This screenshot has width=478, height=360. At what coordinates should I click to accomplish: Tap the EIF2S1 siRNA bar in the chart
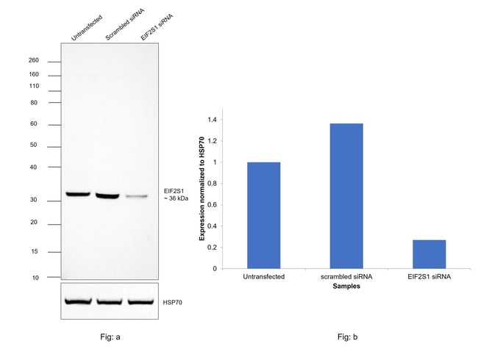[x=429, y=253]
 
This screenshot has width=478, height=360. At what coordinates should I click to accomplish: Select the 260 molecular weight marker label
[x=33, y=61]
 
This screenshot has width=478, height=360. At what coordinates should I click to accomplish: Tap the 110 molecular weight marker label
[x=33, y=87]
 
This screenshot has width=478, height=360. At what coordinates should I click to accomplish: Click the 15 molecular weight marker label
[x=35, y=251]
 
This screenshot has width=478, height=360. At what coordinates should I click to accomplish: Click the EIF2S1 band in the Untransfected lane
[x=77, y=194]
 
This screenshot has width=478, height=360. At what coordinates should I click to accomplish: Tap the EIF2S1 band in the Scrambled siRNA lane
[x=107, y=195]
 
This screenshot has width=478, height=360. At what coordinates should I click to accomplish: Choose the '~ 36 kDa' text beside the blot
[x=176, y=199]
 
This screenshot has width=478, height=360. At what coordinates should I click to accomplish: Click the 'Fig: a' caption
[x=110, y=336]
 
